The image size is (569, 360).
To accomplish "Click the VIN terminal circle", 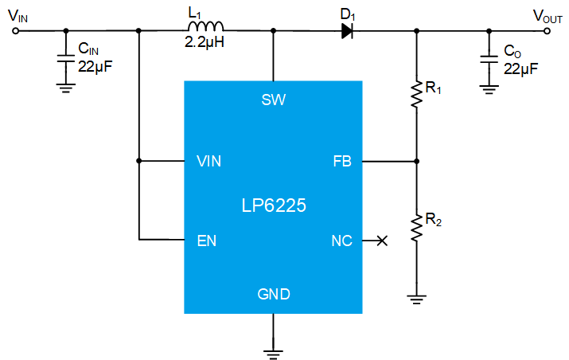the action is (15, 31).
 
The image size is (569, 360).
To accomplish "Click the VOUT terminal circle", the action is (547, 31).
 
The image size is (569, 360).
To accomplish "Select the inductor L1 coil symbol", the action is (206, 26).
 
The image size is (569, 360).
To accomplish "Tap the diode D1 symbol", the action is (347, 31).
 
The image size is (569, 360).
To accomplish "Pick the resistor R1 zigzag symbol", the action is (416, 94).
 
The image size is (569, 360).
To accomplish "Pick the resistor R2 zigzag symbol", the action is (416, 228).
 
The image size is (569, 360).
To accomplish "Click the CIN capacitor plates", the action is (66, 58).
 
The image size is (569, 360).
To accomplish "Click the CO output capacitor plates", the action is (489, 60).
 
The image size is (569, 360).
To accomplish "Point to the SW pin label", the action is (274, 100).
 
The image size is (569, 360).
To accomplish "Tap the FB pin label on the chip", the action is (342, 162).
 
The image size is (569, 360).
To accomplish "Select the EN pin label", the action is (206, 241).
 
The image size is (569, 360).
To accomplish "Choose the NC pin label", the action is (342, 241).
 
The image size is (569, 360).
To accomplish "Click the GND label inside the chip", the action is (274, 294).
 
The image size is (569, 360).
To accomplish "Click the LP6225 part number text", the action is (274, 205).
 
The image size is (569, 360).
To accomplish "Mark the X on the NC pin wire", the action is (382, 241).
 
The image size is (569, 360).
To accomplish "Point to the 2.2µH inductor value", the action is (205, 42).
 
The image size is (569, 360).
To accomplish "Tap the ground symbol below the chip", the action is (273, 354).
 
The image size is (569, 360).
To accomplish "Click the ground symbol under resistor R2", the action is (416, 299).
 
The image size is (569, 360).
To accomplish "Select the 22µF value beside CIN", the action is (95, 66).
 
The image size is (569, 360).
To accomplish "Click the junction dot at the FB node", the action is (416, 161).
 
